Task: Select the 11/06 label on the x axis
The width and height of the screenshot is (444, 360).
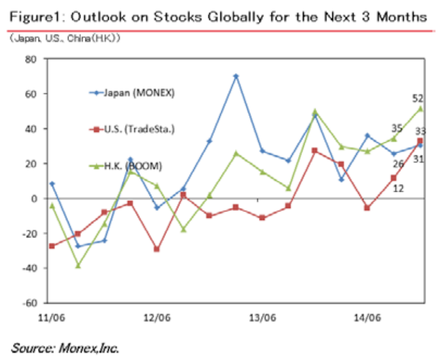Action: point(50,316)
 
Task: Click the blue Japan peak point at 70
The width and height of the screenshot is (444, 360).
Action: point(236,76)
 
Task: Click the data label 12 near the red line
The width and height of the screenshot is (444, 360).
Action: point(398,188)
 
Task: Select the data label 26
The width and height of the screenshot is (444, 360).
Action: point(398,164)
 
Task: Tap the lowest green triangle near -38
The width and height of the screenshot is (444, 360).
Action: point(78,265)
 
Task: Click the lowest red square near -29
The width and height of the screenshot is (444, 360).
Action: point(157,249)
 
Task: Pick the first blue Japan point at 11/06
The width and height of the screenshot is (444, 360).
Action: point(52,184)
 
